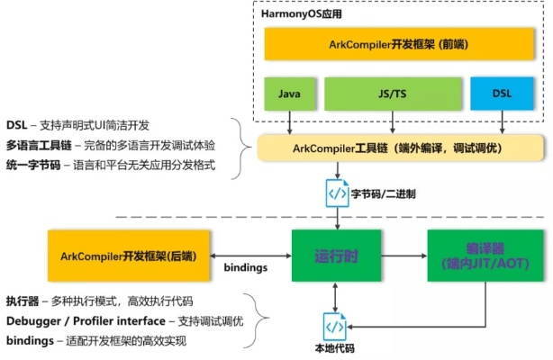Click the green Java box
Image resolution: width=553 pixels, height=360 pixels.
(289, 93)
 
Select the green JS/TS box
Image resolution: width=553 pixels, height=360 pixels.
(390, 93)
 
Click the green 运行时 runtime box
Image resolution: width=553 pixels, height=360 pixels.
(335, 256)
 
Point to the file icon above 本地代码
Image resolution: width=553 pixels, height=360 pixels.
(334, 324)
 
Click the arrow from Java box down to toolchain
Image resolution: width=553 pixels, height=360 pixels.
(289, 121)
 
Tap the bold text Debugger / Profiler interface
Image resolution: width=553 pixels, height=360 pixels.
(90, 321)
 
